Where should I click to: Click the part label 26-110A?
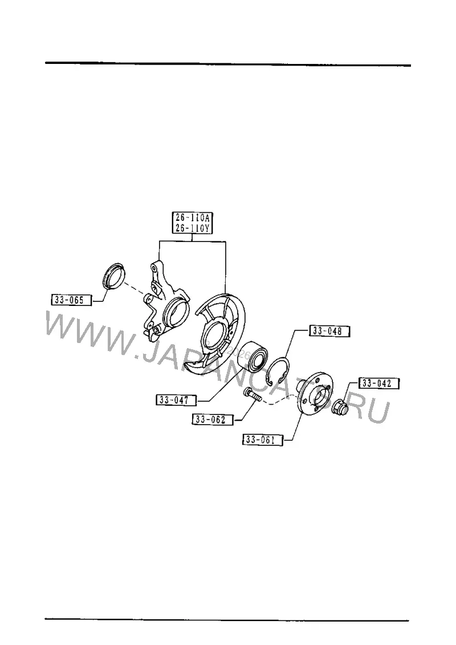click(x=193, y=217)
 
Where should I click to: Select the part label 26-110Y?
click(x=193, y=228)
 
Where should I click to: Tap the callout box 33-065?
click(x=71, y=300)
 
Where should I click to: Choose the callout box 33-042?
click(x=379, y=384)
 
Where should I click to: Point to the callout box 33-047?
click(x=176, y=400)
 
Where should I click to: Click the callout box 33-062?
click(x=213, y=419)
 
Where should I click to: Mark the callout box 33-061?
click(x=263, y=440)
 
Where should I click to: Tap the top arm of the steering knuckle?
click(x=158, y=272)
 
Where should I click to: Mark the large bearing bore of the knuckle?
click(x=175, y=313)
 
